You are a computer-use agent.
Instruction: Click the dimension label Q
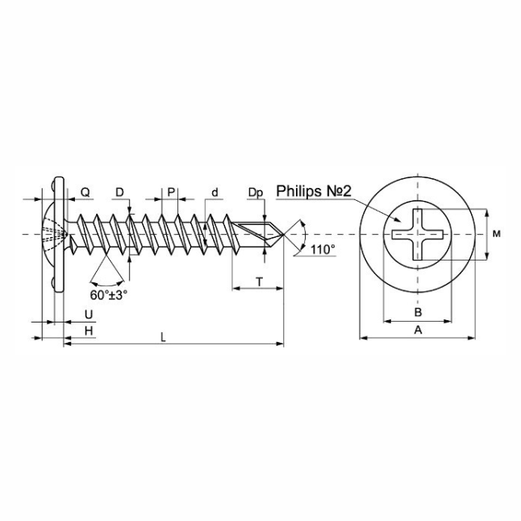[x=85, y=192]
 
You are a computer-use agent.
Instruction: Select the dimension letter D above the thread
[x=119, y=192]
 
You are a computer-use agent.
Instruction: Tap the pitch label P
[x=171, y=192]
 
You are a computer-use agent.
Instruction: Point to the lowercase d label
[x=215, y=192]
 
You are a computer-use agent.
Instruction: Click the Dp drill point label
[x=256, y=193]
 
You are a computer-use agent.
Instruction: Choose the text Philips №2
[x=314, y=191]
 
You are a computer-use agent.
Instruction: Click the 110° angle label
[x=323, y=249]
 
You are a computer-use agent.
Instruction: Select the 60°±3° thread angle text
[x=109, y=295]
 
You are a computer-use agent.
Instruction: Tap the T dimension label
[x=259, y=282]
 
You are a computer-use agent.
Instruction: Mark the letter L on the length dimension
[x=163, y=338]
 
